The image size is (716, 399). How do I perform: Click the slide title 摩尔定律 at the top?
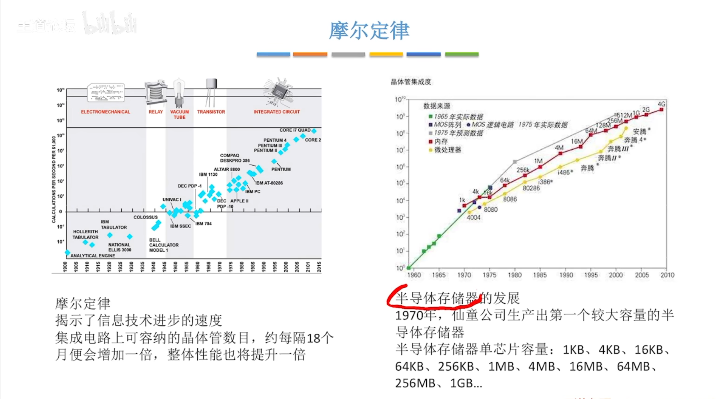coord(369,31)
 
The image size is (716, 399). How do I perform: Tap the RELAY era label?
coord(156,112)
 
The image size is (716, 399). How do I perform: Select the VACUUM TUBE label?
coord(179,114)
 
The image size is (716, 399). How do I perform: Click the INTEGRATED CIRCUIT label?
coord(276,112)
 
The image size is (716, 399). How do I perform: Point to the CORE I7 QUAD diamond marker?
coord(314,131)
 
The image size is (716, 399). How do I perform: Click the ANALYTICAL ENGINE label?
coord(93,256)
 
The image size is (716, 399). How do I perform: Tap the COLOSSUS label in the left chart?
coord(146,217)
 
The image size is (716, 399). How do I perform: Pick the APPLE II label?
coord(239,201)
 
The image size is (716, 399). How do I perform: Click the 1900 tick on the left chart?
coord(65,267)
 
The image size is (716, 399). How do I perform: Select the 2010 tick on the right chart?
coord(667,275)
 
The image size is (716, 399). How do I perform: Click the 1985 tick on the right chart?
coord(540,275)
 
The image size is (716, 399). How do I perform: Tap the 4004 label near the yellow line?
coord(474,218)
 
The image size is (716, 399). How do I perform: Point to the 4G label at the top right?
coord(662,104)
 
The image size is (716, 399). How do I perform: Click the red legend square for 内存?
coord(430,142)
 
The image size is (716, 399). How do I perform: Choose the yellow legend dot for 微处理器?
coord(430,150)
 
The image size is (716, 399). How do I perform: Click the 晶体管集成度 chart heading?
coord(411,82)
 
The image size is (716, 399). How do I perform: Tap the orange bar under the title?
coord(310,54)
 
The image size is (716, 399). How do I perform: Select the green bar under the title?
coord(462,54)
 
